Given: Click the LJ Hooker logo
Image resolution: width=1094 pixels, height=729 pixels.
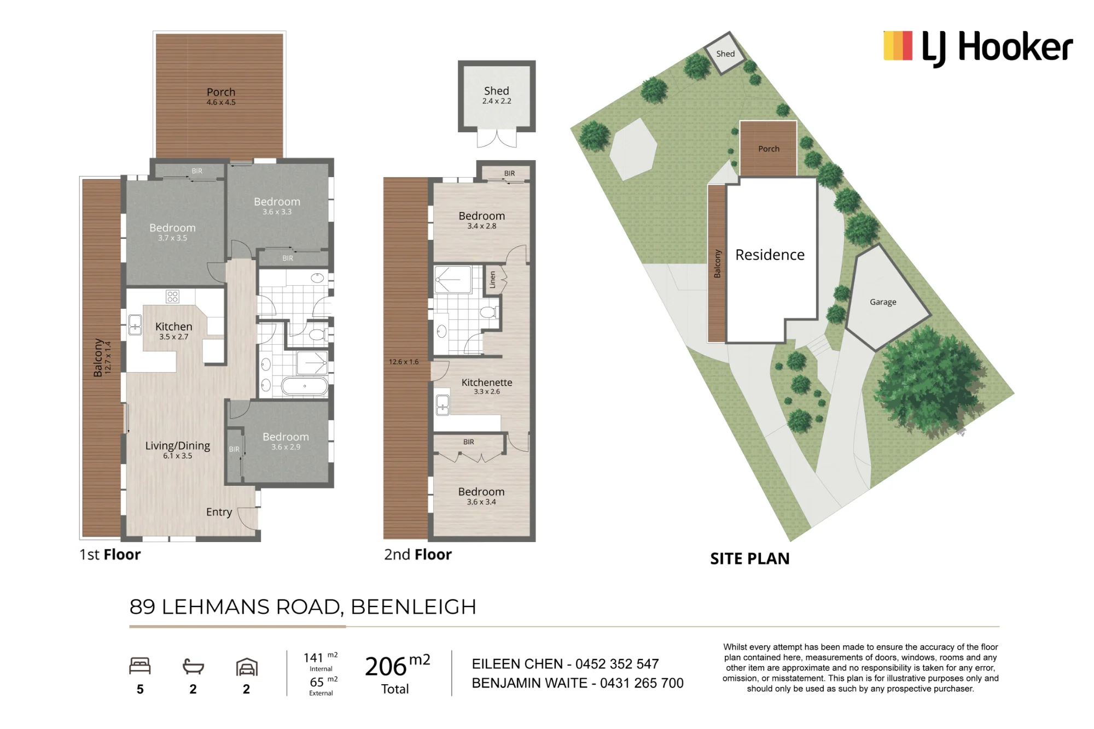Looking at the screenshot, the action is pos(978,48).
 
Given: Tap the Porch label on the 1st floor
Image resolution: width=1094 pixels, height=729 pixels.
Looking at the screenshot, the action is pos(221,92).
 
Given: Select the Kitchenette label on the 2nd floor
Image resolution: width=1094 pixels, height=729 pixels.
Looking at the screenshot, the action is pos(487,383).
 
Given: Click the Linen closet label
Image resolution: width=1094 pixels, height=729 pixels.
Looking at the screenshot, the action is pos(492,280).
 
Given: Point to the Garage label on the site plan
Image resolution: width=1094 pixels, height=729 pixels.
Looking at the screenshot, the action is pos(883,302).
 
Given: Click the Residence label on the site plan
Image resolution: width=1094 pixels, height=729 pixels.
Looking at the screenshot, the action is pos(770,255).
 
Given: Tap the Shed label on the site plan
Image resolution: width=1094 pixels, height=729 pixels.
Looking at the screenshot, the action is pos(725,54).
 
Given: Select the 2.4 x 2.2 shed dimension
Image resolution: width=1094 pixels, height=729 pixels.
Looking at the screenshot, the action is pos(497,101).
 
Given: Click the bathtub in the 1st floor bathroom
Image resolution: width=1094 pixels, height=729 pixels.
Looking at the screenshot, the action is pos(305,386).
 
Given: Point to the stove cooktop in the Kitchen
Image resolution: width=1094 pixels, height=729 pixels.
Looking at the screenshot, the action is pos(172,297).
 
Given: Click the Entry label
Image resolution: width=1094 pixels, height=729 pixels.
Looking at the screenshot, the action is pos(219,512).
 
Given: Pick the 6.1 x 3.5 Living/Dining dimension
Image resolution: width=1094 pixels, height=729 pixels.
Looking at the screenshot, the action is pos(178,456).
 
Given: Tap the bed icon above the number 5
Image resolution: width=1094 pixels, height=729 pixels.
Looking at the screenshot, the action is pos(140,666).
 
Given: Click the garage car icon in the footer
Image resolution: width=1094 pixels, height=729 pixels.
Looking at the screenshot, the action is pos(247,667).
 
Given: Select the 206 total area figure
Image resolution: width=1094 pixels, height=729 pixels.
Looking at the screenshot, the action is pos(386,667).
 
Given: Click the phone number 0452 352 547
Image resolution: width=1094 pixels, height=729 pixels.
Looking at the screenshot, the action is pos(617,664).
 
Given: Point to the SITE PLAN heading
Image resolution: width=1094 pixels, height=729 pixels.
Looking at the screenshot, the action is pos(749,558).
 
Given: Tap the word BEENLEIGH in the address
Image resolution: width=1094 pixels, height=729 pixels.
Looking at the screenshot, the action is pos(414,607).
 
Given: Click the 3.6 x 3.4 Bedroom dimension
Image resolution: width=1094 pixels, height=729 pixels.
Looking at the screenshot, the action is pos(481,502).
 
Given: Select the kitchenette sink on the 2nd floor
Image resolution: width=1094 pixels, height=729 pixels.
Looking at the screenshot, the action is pos(443,405).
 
